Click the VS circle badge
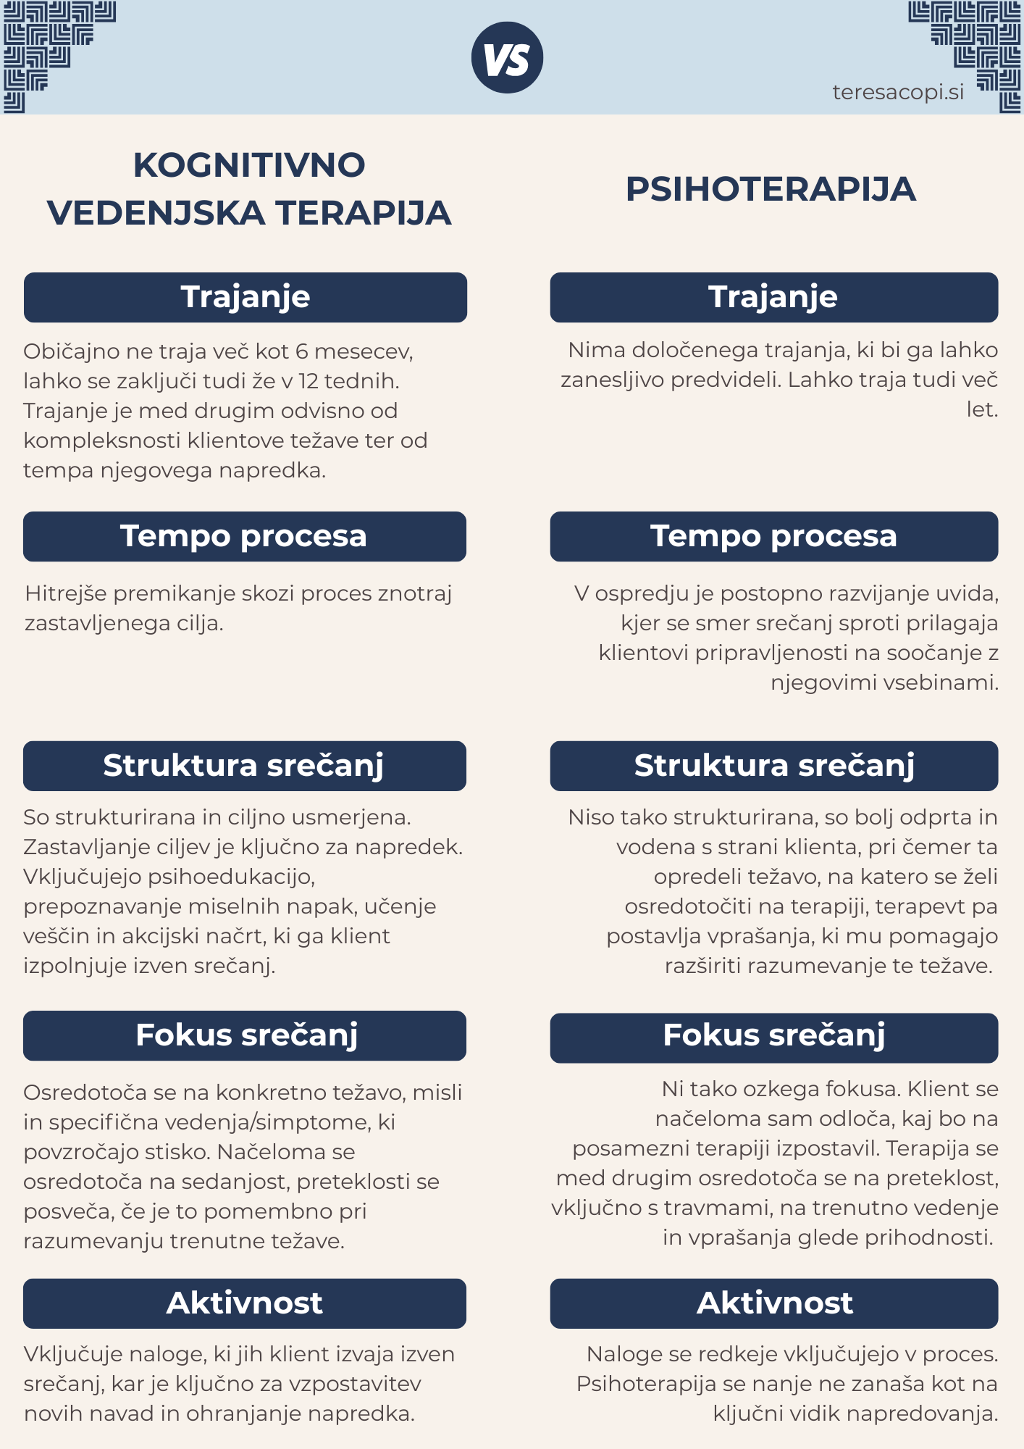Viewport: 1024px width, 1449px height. tap(507, 58)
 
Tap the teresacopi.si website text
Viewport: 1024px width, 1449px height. tap(898, 93)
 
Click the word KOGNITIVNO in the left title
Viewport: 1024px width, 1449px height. tap(249, 165)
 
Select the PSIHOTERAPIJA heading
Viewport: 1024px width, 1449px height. tap(771, 190)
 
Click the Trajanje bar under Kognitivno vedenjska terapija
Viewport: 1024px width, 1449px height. tap(245, 298)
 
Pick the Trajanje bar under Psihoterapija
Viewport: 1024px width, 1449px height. tap(773, 298)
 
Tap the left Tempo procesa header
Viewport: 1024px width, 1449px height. tap(244, 537)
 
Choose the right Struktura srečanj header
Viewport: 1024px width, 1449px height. tap(773, 766)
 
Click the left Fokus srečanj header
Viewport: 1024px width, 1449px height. tap(245, 1036)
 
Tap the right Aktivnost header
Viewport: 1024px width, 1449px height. tap(773, 1303)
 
